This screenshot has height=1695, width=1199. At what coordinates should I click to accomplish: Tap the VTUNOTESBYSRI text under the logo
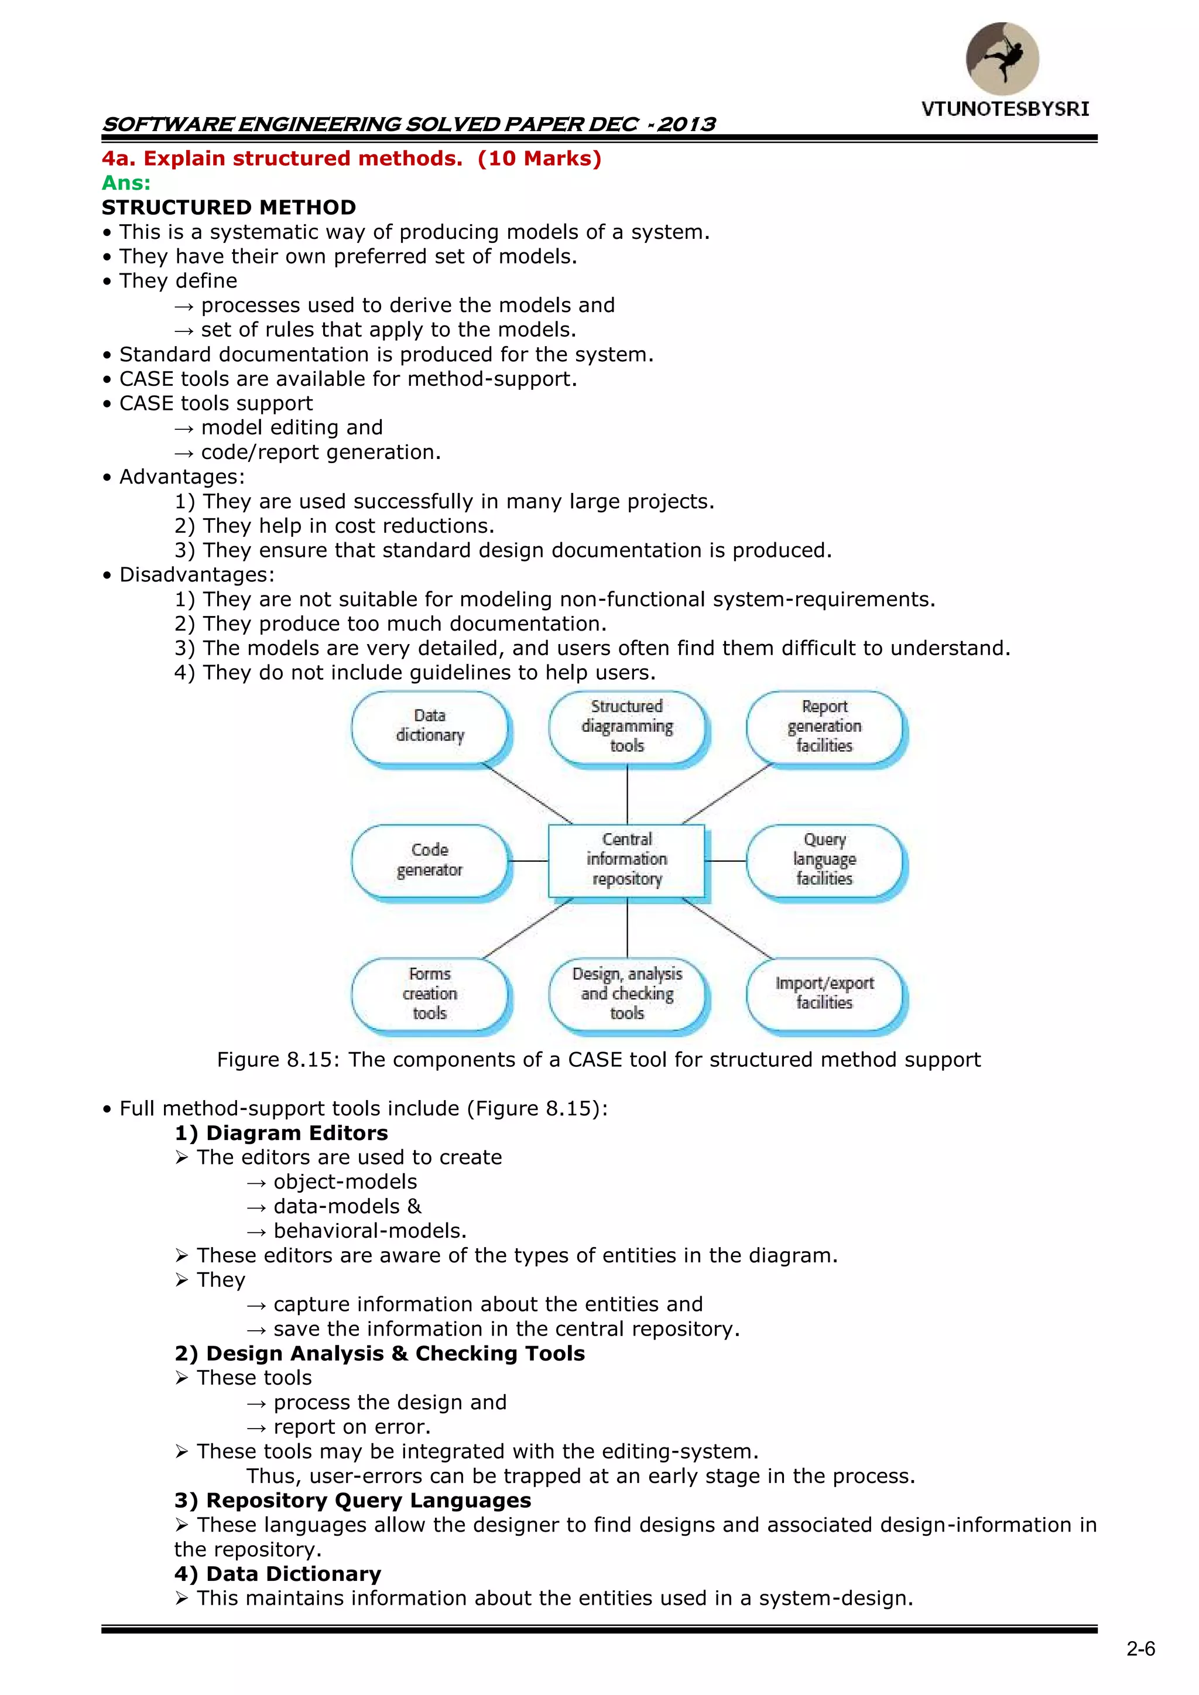pyautogui.click(x=1005, y=109)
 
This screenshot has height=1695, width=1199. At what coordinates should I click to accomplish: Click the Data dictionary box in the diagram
pyautogui.click(x=430, y=727)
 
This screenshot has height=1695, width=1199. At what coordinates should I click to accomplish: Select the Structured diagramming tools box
pyautogui.click(x=627, y=727)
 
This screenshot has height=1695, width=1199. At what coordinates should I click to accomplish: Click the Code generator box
pyautogui.click(x=430, y=860)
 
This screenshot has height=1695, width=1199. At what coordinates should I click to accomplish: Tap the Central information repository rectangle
pyautogui.click(x=627, y=860)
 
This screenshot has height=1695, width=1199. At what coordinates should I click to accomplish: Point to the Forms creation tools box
pyautogui.click(x=430, y=994)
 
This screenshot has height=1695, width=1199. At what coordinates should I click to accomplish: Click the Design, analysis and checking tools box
pyautogui.click(x=627, y=994)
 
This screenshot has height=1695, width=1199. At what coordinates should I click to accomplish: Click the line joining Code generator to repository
pyautogui.click(x=528, y=861)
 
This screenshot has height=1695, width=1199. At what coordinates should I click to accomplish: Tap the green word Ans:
pyautogui.click(x=125, y=183)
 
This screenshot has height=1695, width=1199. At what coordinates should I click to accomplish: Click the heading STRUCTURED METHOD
pyautogui.click(x=229, y=207)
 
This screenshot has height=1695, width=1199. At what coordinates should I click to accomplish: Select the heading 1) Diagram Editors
pyautogui.click(x=281, y=1133)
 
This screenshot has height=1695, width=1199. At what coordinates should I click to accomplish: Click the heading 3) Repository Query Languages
pyautogui.click(x=353, y=1500)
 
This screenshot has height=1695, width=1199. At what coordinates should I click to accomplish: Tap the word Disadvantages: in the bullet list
pyautogui.click(x=196, y=575)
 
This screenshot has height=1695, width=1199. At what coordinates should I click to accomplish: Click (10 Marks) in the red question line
pyautogui.click(x=540, y=159)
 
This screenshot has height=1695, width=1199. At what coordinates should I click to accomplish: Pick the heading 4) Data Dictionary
pyautogui.click(x=278, y=1574)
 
